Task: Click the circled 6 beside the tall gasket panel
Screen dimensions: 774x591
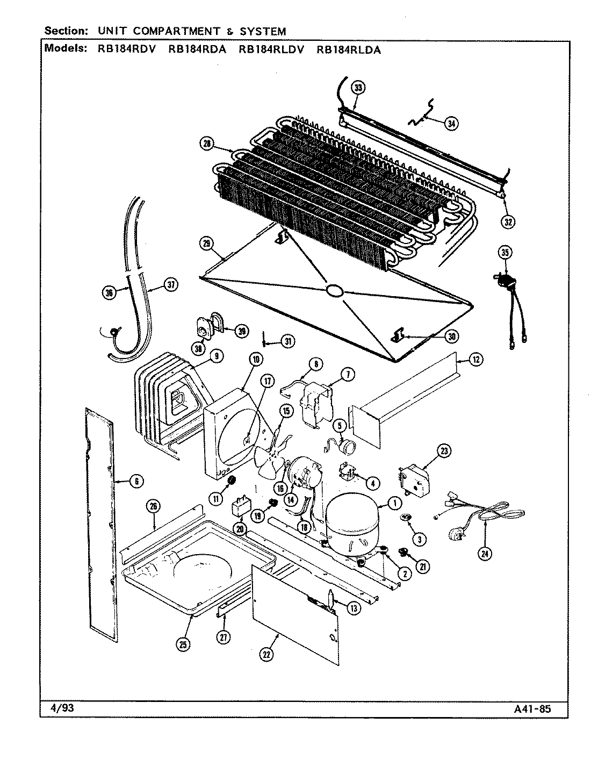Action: (136, 482)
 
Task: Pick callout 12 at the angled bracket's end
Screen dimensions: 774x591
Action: (475, 360)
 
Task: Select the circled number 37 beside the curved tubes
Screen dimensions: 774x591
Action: (170, 285)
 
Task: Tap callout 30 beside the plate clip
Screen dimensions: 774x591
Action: (451, 336)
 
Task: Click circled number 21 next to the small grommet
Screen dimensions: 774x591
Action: (423, 566)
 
